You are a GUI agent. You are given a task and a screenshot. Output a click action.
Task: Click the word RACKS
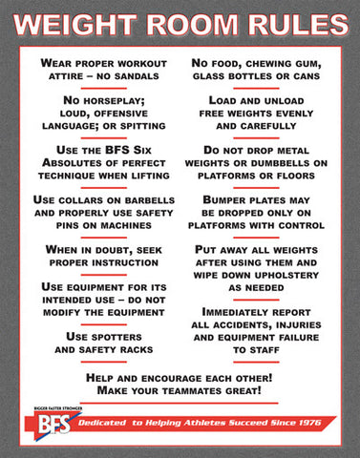pos(140,351)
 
